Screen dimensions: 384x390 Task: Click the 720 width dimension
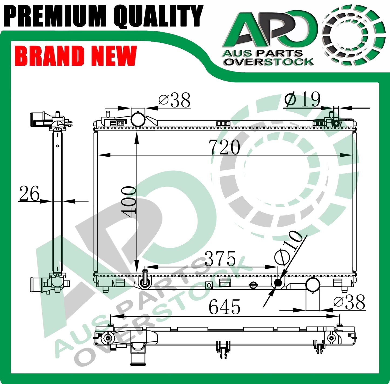[x=225, y=147]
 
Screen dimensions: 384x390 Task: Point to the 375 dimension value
[x=220, y=258]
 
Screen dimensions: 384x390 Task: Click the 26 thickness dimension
[x=29, y=194]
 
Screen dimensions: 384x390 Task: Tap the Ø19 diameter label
[x=303, y=99]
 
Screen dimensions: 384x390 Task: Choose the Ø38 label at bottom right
[x=349, y=302]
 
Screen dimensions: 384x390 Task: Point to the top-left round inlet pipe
[x=138, y=119]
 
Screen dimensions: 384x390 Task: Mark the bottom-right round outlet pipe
[x=313, y=285]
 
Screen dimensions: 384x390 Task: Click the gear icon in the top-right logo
[x=354, y=35]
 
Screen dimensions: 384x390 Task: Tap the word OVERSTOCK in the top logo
[x=269, y=62]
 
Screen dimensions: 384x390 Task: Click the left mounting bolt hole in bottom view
[x=108, y=338]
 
